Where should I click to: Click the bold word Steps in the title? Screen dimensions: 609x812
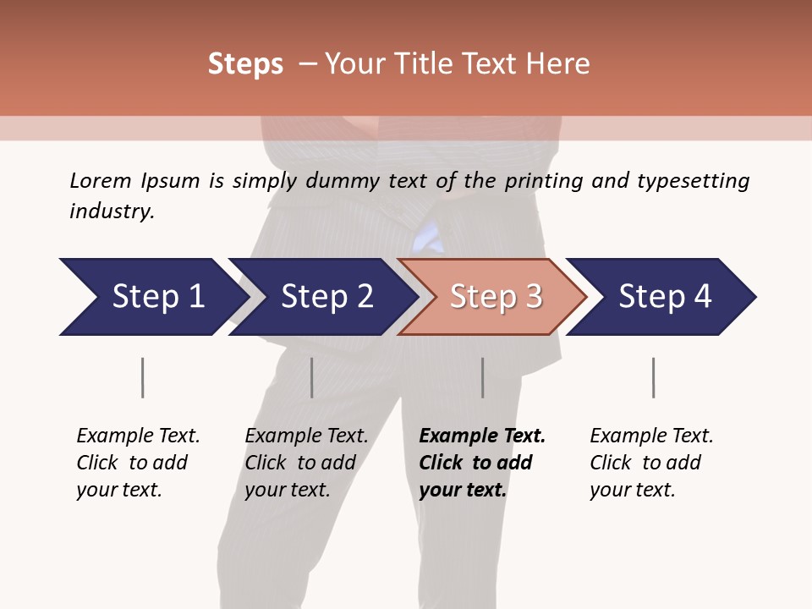point(245,64)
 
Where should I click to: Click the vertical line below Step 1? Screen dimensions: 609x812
point(142,377)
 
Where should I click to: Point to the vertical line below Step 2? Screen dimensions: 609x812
point(312,377)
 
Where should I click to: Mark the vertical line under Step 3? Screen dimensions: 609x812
point(482,377)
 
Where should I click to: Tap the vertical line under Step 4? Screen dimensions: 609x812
point(653,377)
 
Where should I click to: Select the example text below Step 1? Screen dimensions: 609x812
point(138,463)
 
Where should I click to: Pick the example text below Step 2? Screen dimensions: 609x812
point(306,463)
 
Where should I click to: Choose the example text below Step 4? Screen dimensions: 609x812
point(651,463)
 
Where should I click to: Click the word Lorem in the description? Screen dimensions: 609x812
point(100,180)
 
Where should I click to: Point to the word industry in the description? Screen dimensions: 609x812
point(111,211)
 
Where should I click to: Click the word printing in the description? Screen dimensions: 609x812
point(540,181)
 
